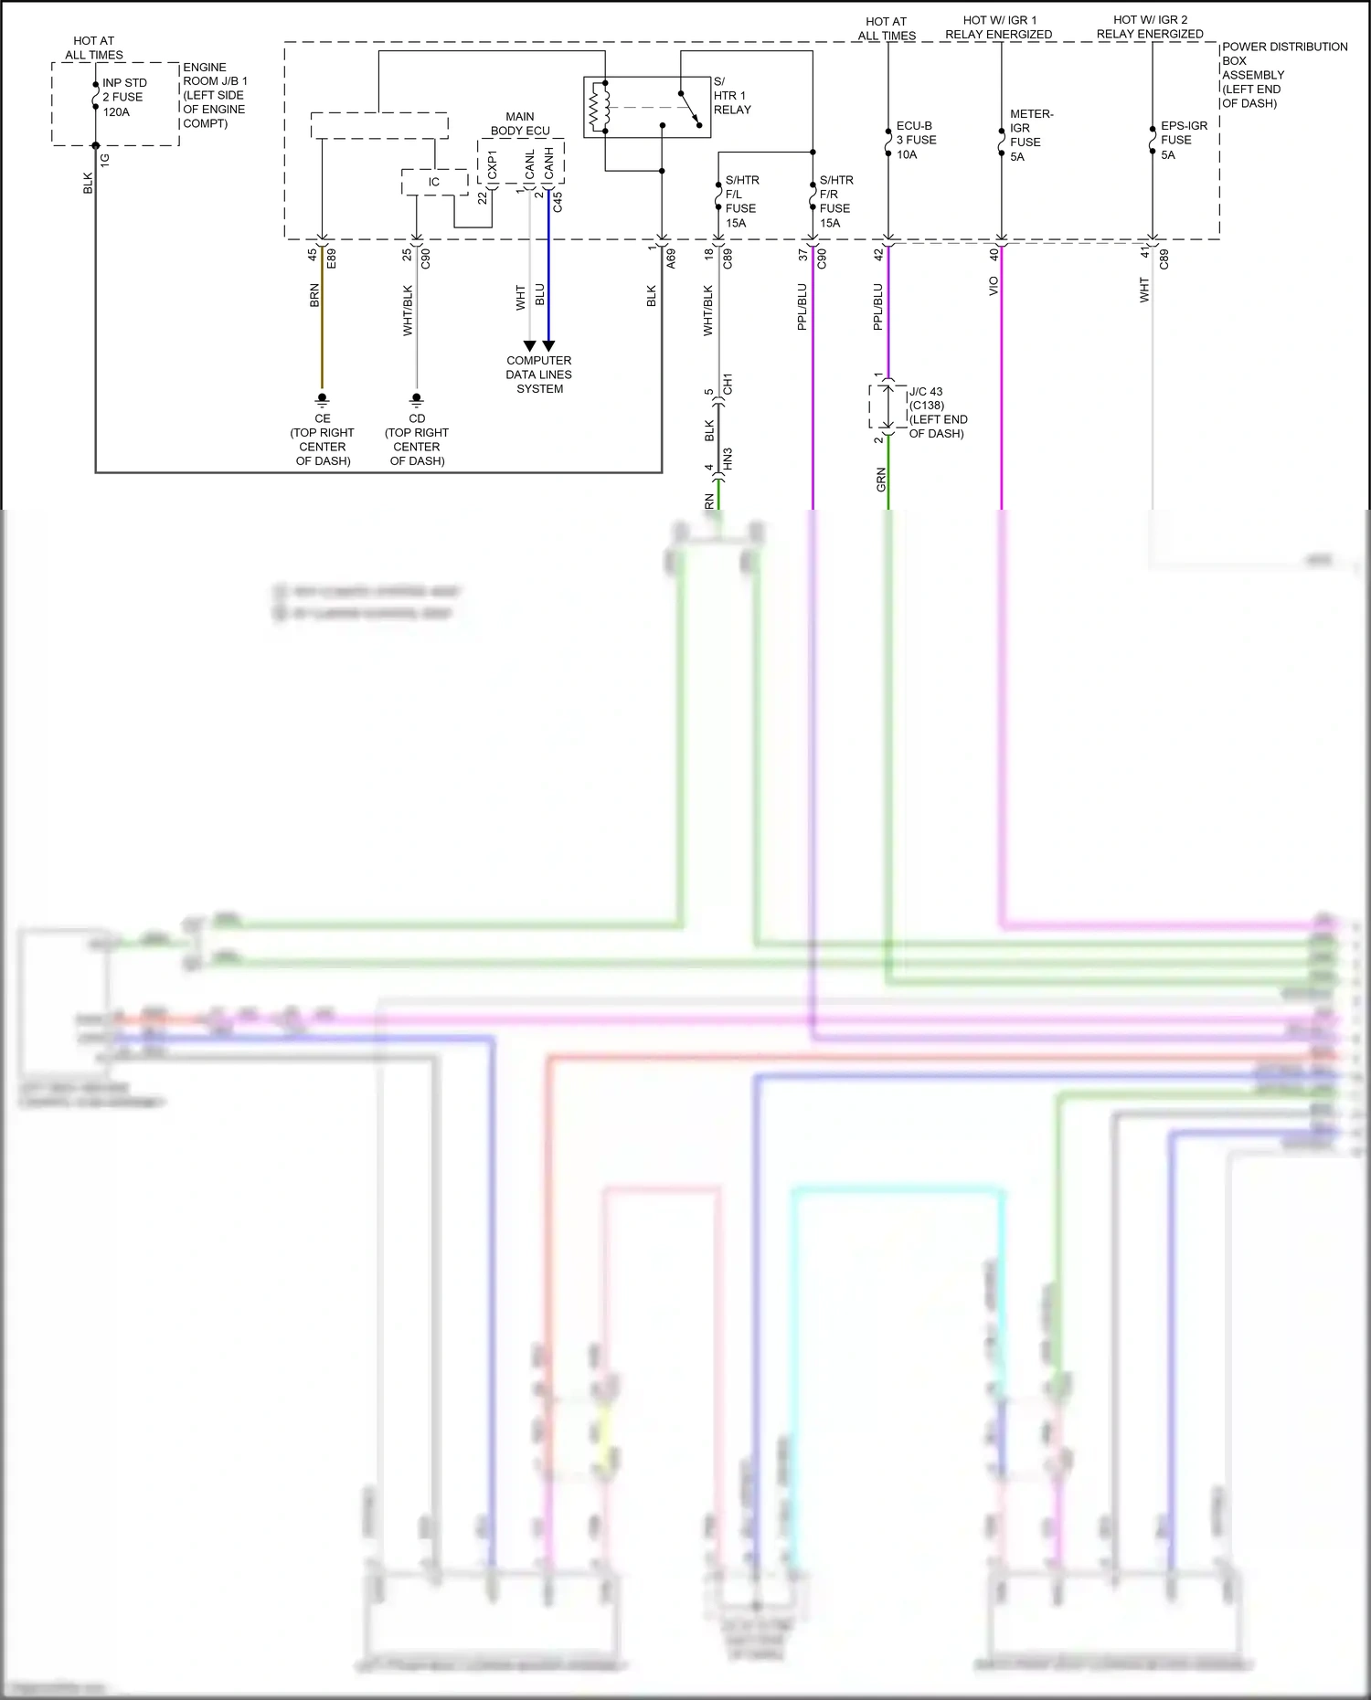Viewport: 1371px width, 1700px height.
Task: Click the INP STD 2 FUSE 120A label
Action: pos(123,97)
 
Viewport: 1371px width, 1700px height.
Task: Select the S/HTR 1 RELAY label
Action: pos(731,96)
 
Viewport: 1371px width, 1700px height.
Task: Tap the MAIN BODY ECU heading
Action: pos(520,123)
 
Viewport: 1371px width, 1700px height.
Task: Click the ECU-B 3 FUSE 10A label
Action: pos(915,140)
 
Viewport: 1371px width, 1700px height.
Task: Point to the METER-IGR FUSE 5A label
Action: pos(1030,135)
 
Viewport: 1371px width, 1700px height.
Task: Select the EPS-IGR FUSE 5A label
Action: pos(1183,140)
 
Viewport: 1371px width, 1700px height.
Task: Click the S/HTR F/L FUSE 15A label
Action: pos(741,201)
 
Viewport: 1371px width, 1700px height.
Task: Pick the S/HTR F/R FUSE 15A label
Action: pos(835,201)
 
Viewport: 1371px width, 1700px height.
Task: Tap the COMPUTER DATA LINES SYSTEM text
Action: pos(539,375)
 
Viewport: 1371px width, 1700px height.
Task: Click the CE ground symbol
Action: pos(322,399)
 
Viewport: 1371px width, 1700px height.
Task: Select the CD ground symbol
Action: pos(417,399)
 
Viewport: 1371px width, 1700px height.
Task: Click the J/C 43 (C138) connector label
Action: pos(937,412)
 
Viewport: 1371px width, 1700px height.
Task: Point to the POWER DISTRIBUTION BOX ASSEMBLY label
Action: pos(1283,75)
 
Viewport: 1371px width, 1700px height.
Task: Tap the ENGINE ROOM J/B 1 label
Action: pos(214,95)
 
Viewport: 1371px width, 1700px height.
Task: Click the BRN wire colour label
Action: pos(314,294)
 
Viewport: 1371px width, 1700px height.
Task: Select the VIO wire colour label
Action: pos(994,286)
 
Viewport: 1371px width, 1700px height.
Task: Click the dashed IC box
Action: pos(434,182)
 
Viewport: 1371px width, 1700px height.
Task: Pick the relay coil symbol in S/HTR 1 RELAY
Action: pos(600,107)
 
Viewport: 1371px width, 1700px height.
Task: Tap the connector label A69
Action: pos(671,258)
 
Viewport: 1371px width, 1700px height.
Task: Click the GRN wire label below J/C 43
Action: pos(881,479)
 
